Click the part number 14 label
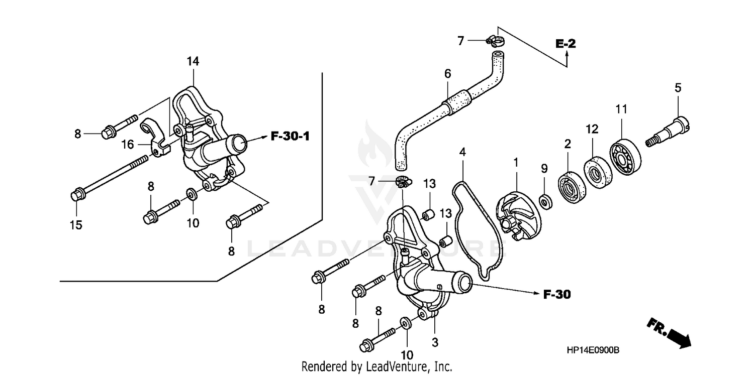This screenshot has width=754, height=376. point(193,62)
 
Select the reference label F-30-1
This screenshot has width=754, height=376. point(291,136)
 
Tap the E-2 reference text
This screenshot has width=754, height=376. point(565,44)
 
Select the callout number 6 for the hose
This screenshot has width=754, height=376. point(447,74)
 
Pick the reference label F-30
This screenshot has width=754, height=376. point(557,295)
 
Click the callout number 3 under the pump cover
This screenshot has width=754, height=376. point(435,343)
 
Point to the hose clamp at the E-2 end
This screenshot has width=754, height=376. point(493,41)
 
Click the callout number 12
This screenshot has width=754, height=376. point(592,129)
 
